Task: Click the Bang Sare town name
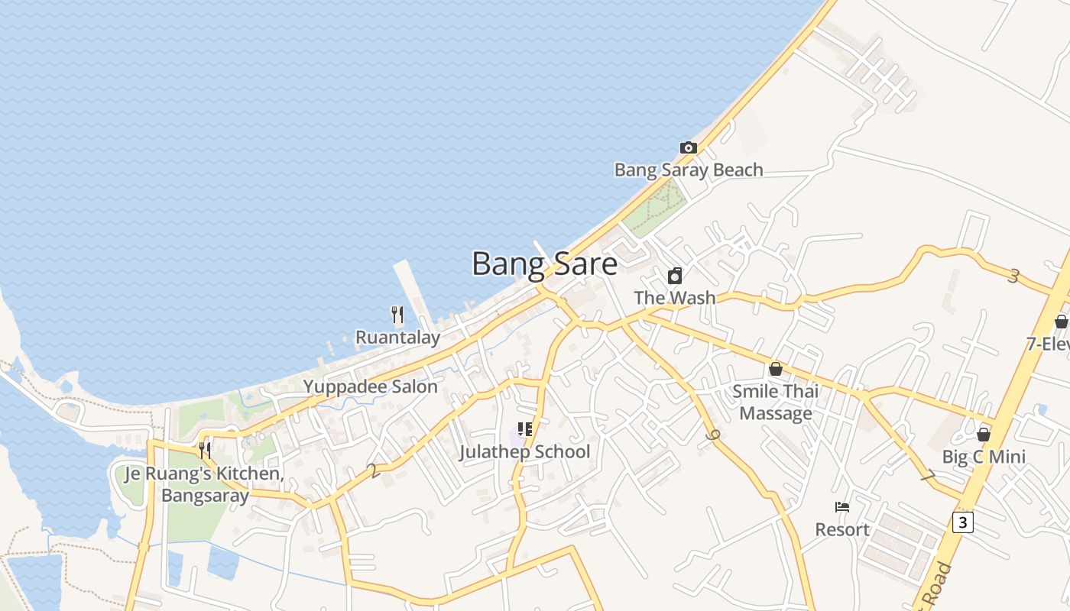544,264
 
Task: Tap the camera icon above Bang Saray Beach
688,147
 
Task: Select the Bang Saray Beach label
688,170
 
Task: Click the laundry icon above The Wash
675,276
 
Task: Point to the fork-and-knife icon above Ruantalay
397,315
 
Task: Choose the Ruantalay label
397,338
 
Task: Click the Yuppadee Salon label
371,386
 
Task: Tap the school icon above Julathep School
524,429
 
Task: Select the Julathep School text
524,451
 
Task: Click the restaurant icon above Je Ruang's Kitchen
204,450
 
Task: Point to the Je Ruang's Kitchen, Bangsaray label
204,484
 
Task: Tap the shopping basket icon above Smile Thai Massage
776,369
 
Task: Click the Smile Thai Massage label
776,402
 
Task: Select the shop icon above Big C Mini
983,435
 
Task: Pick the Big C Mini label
983,457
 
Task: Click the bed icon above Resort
841,507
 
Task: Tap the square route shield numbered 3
963,522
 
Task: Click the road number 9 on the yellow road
714,436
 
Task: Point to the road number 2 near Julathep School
372,470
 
